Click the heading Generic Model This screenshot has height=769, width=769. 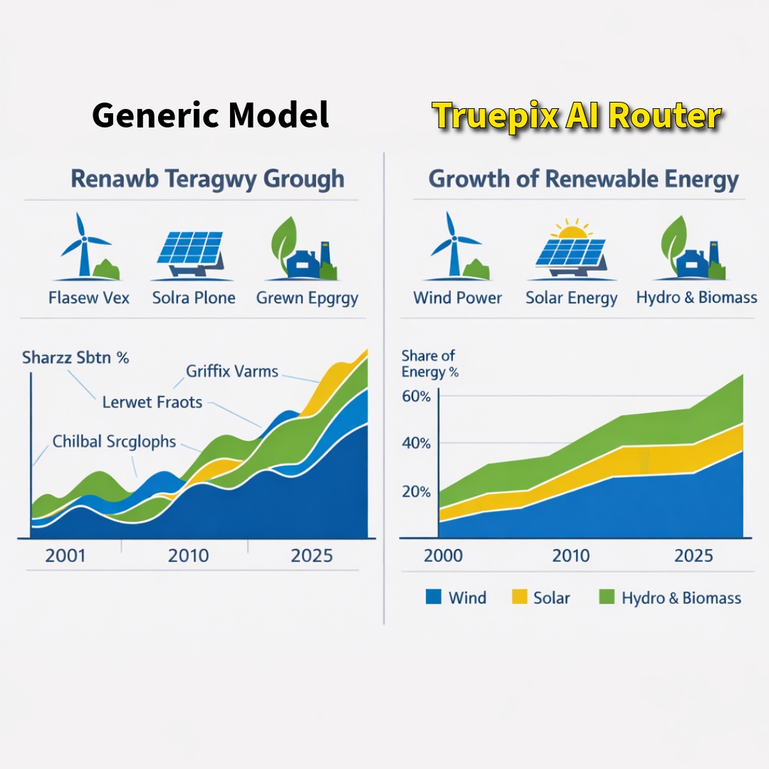pos(210,115)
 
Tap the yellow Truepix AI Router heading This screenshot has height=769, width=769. pos(577,117)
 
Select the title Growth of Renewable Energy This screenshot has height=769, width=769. pos(584,179)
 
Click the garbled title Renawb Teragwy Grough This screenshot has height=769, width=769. pos(207,179)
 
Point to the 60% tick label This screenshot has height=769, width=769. pos(416,397)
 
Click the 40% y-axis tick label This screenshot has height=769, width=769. pos(416,444)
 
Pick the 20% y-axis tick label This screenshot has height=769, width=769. pos(416,491)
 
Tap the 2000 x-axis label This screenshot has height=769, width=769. pos(444,555)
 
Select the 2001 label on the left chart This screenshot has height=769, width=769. pos(66,555)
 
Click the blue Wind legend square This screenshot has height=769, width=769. pos(434,597)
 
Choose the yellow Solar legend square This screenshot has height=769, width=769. pos(519,597)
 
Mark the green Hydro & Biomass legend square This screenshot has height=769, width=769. pos(607,597)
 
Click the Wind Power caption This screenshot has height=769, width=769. pos(458,298)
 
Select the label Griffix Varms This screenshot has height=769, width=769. pos(232,371)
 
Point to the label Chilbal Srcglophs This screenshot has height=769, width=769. pos(114,441)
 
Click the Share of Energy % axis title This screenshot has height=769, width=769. pos(429,363)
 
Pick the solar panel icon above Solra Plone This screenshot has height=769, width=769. pos(191,253)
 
